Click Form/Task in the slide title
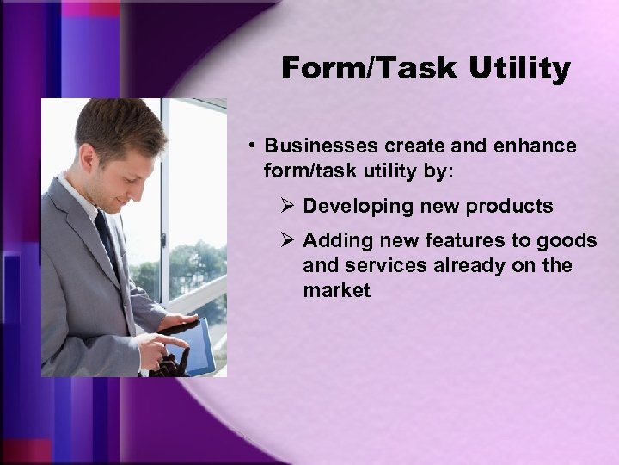[370, 69]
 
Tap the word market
[336, 290]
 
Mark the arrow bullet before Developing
[288, 207]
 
